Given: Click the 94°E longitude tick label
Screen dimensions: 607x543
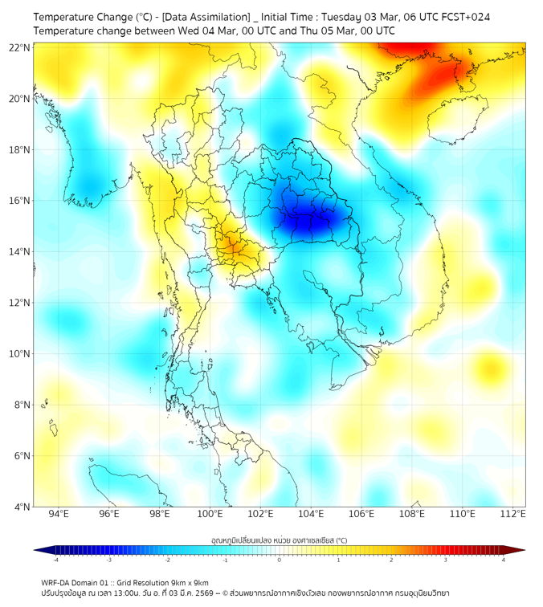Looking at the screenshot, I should pos(58,515).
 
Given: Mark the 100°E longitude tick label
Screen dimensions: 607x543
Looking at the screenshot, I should pos(210,515).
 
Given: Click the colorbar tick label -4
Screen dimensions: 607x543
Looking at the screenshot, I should pos(55,560).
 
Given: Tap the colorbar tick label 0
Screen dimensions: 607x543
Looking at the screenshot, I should pos(280,560).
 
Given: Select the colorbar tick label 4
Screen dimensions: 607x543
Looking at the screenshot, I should pos(503,560).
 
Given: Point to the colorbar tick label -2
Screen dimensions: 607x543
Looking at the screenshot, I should pos(167,560).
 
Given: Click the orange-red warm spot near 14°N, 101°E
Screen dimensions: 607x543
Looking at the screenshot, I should pos(231,245).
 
